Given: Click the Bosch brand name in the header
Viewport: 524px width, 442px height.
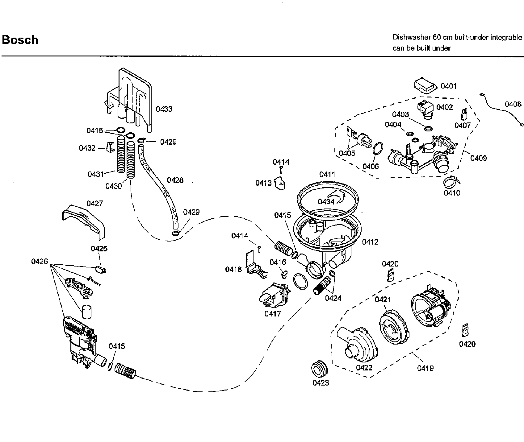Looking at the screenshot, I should (x=20, y=40).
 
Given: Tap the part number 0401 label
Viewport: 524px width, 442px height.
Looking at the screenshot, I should (x=448, y=86).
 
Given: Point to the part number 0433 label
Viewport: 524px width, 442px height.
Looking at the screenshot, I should (x=164, y=109).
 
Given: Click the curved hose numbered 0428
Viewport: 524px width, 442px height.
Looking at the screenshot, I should (x=161, y=185).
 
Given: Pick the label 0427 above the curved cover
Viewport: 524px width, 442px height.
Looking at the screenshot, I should (x=94, y=204).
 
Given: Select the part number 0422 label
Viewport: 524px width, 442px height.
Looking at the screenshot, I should (x=364, y=368).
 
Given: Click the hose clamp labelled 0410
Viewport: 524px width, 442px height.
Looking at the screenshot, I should (x=451, y=183).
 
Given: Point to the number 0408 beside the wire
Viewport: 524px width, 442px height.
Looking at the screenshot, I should (x=513, y=104).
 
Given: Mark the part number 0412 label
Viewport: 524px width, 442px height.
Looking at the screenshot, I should (x=370, y=242).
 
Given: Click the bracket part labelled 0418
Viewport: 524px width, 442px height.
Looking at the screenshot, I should (x=255, y=264).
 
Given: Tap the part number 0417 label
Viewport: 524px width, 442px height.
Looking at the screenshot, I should (x=273, y=314).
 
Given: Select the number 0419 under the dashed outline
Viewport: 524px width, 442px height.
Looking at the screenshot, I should (x=425, y=368).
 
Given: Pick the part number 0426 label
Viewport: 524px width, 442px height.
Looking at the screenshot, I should (x=40, y=262).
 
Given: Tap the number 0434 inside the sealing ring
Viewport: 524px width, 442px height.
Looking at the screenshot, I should (x=326, y=202).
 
